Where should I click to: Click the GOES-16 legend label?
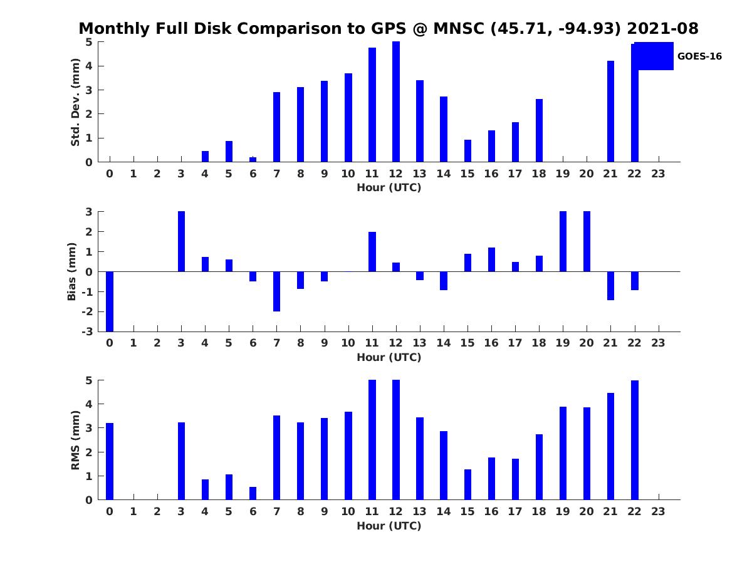click(699, 56)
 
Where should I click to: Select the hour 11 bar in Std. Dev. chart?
click(372, 105)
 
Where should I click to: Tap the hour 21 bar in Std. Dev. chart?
click(610, 111)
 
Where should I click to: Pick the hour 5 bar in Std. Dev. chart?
click(229, 152)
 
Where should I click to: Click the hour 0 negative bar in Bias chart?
click(110, 301)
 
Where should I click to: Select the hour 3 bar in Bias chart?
click(181, 241)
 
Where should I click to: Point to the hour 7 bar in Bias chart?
click(276, 291)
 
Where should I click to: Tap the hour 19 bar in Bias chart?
click(563, 241)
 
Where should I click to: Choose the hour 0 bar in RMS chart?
click(110, 461)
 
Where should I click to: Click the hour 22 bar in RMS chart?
click(634, 440)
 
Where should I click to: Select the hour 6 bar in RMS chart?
click(253, 493)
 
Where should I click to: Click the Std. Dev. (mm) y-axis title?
click(75, 102)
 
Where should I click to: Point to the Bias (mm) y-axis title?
click(73, 271)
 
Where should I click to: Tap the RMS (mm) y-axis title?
click(75, 440)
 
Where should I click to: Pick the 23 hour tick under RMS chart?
click(658, 512)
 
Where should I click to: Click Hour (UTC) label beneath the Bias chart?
click(389, 357)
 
